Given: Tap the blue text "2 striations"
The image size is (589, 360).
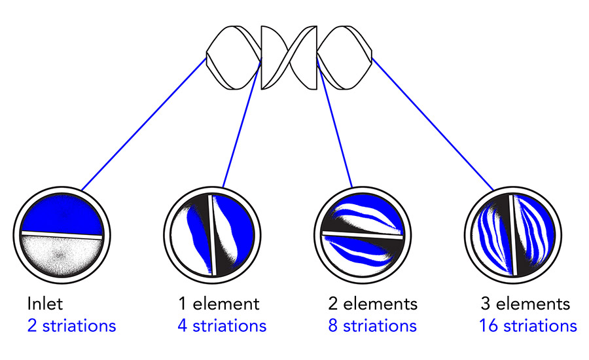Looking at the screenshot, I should [71, 325].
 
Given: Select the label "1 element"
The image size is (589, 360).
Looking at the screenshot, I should [219, 304].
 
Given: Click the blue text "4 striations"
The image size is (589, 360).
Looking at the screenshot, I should [222, 325].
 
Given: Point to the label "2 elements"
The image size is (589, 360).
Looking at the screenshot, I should [372, 304].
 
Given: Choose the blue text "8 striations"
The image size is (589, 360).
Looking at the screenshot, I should [372, 325].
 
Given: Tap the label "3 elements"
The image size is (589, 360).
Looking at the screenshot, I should [525, 304].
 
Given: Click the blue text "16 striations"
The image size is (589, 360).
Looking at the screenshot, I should [527, 325].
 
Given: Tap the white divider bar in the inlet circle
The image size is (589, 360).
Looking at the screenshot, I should [62, 234].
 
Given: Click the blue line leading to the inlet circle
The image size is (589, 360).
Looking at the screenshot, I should [144, 124].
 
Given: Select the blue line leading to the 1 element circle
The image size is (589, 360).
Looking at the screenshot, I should [241, 124].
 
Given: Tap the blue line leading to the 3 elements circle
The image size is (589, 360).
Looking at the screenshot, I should [432, 124].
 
